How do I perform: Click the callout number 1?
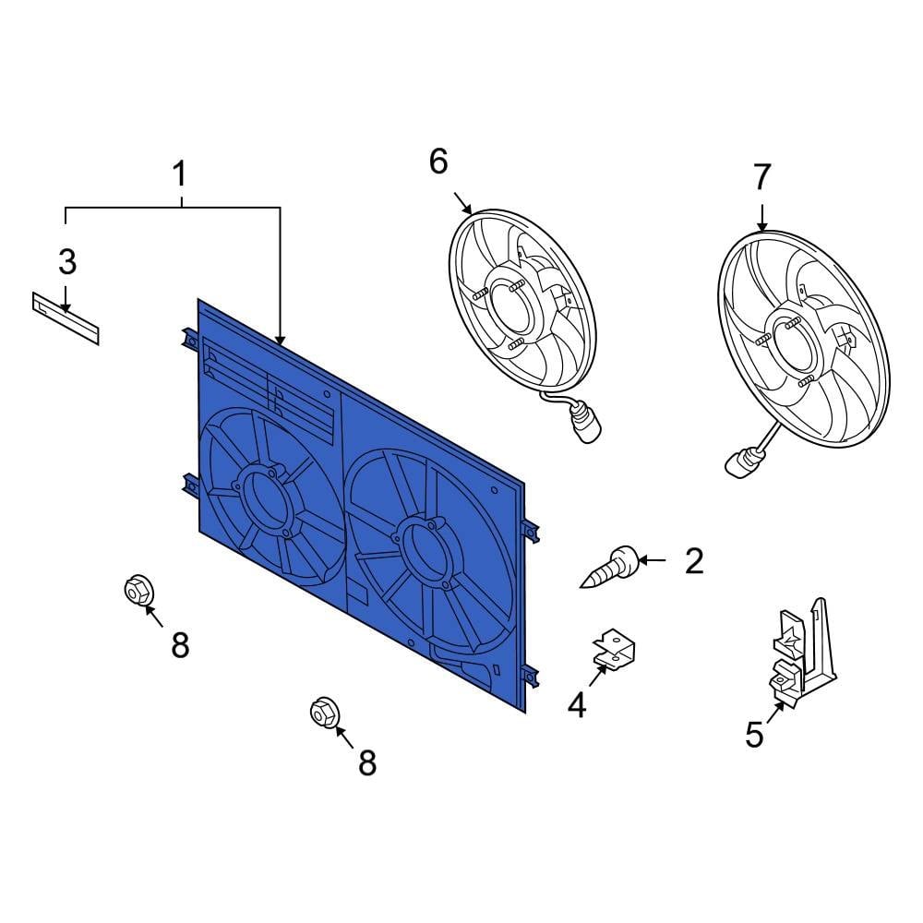(180, 174)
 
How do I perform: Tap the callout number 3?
(66, 262)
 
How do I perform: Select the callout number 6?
(438, 162)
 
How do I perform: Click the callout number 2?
(694, 560)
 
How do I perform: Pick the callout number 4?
(577, 706)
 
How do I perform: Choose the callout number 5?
(754, 736)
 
